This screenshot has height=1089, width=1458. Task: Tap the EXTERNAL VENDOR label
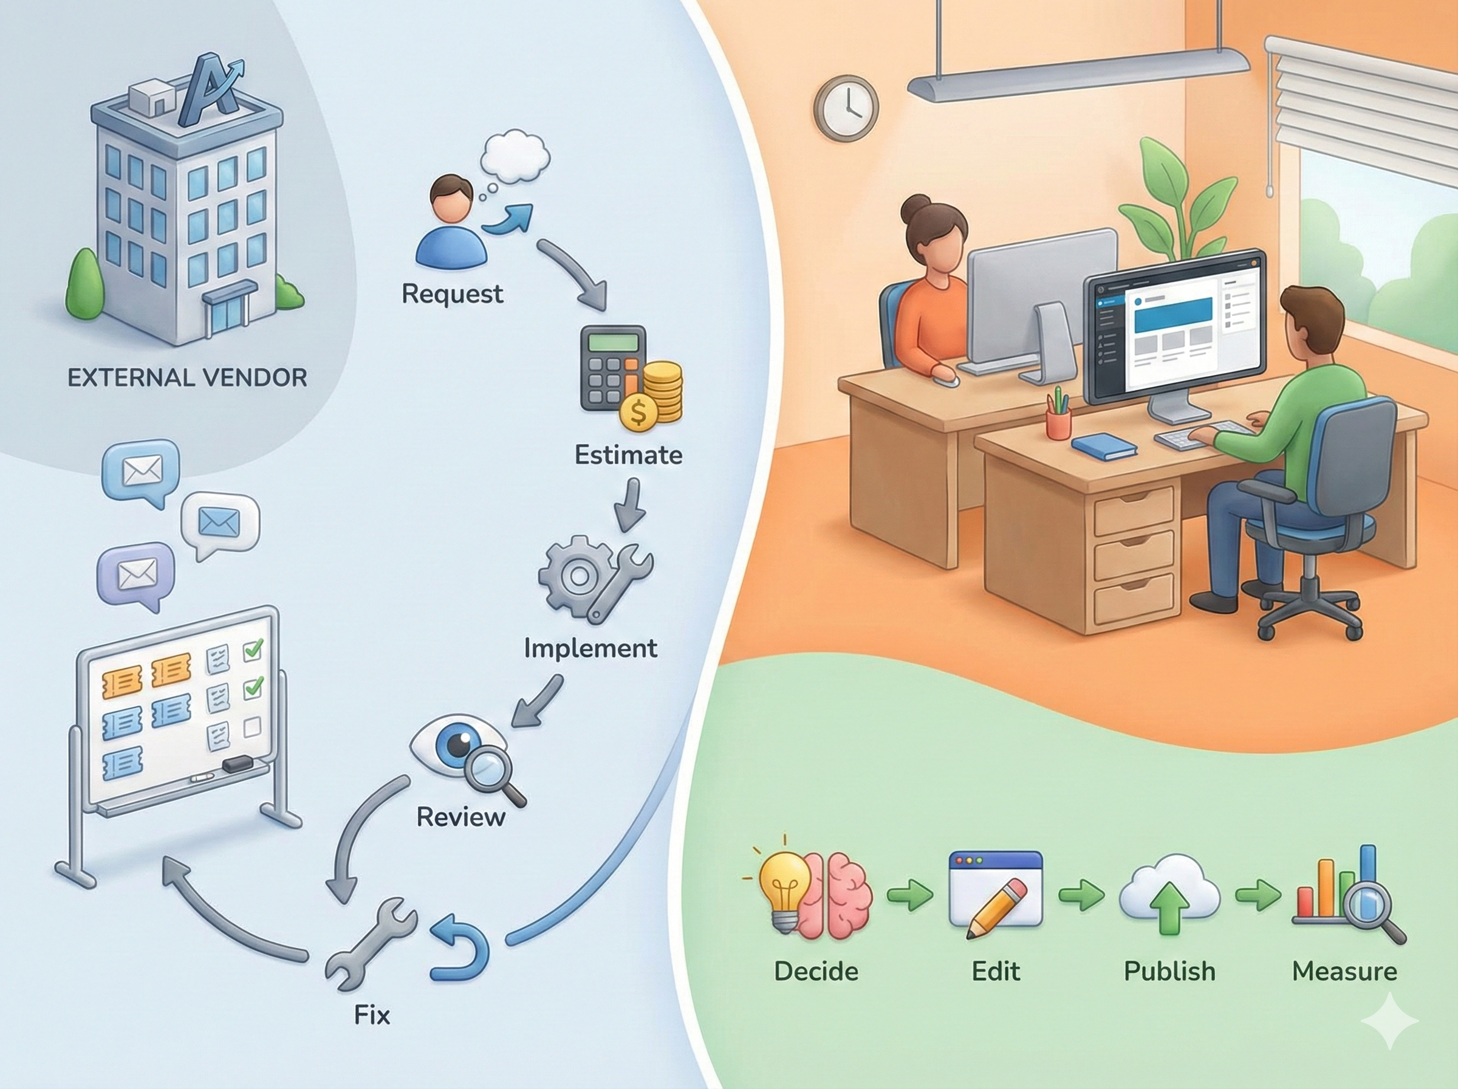[187, 378]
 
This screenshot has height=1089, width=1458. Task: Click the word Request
[452, 294]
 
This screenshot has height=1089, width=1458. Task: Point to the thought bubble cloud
[515, 156]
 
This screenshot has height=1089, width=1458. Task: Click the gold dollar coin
[638, 411]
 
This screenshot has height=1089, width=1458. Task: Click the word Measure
[1344, 971]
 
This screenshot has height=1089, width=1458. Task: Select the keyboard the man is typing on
[1186, 436]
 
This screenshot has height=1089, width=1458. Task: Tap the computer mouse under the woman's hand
[946, 380]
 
